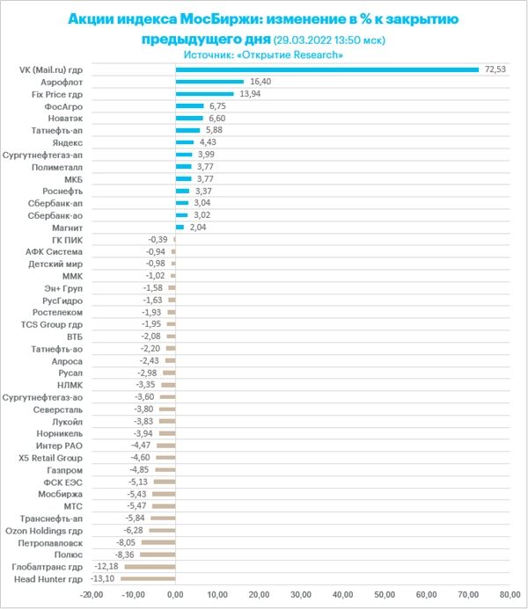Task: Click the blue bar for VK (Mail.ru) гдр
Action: [x=327, y=70]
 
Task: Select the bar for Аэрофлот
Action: [x=209, y=82]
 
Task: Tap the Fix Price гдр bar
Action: [x=204, y=94]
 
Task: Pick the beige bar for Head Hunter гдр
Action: [x=148, y=579]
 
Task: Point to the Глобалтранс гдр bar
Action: [x=150, y=567]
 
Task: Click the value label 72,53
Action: [x=495, y=69]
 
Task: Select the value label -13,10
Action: [x=103, y=579]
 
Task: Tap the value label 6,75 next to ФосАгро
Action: [x=217, y=106]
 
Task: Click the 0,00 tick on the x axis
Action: [x=175, y=595]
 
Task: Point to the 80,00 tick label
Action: [x=510, y=595]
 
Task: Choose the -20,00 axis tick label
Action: [x=92, y=595]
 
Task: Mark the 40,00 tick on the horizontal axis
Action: [x=342, y=595]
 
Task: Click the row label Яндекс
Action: [x=67, y=143]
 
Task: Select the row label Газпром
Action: [x=64, y=470]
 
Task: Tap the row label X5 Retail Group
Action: [x=50, y=458]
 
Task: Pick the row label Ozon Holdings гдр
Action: [x=44, y=531]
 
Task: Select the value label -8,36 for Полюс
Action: [x=124, y=555]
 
